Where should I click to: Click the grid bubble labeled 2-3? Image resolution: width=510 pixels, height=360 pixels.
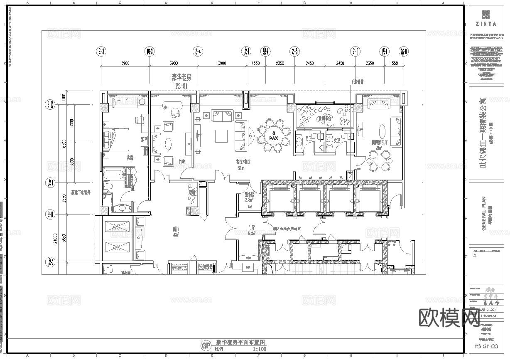pyautogui.click(x=101, y=52)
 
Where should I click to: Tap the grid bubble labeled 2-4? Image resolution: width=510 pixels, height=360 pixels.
pyautogui.click(x=198, y=52)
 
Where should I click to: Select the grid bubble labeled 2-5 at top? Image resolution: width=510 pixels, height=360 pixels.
pyautogui.click(x=295, y=52)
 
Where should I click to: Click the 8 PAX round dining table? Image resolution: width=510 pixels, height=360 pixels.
pyautogui.click(x=273, y=134)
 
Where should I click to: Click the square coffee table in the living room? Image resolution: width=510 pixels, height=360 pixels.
pyautogui.click(x=221, y=136)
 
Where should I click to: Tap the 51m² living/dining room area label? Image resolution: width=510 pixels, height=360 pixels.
pyautogui.click(x=240, y=168)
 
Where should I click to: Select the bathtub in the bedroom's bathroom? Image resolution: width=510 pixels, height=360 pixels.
pyautogui.click(x=115, y=175)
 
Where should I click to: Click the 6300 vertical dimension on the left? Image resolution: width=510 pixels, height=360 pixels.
pyautogui.click(x=64, y=143)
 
